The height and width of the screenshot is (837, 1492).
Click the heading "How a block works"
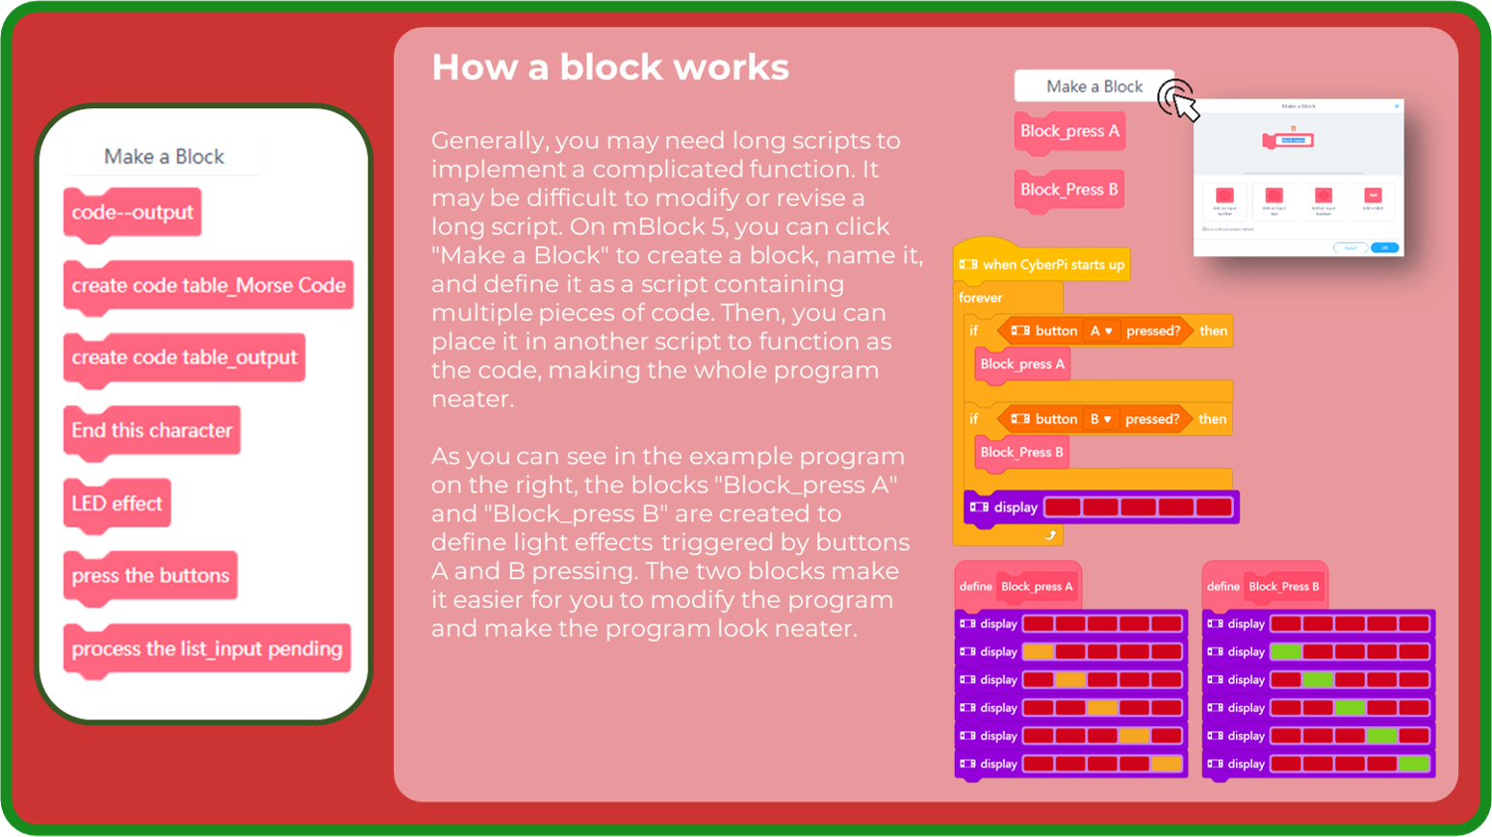[610, 67]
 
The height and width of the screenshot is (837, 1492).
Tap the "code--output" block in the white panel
[132, 212]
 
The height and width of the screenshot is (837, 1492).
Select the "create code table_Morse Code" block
[208, 285]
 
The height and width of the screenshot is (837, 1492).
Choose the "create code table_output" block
[184, 357]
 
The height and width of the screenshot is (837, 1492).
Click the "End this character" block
[151, 431]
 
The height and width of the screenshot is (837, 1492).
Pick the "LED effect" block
[116, 503]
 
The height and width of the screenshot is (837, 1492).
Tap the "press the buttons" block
[150, 576]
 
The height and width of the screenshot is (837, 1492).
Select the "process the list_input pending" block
[206, 648]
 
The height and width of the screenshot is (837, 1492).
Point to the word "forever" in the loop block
[980, 298]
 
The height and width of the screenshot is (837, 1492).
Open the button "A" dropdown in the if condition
[1100, 330]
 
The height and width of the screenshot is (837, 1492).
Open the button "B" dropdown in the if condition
[1100, 419]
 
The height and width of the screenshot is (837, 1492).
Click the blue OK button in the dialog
[1384, 248]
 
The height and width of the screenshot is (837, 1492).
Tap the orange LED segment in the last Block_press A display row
[1167, 764]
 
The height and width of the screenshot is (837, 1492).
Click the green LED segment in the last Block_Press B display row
[1414, 764]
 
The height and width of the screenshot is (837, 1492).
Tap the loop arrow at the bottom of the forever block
[1050, 535]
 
